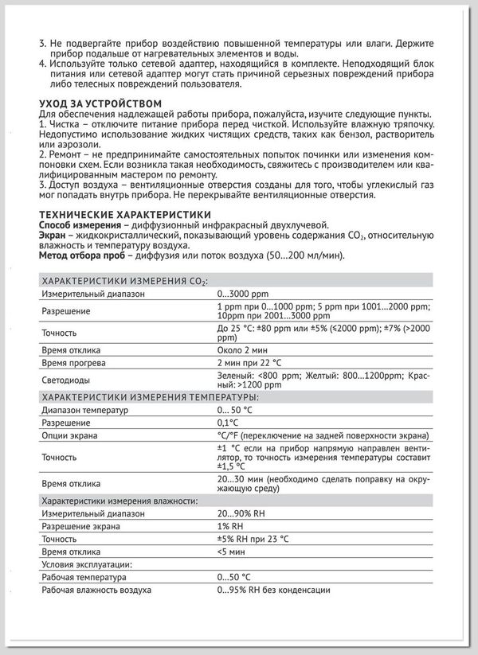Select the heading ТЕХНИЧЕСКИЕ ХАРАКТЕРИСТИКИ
tap(125, 214)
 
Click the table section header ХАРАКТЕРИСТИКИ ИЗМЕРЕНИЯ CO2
tap(123, 280)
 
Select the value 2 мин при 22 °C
tap(250, 362)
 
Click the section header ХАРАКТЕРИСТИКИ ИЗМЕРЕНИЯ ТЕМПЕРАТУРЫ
tap(149, 396)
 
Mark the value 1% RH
tap(231, 527)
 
